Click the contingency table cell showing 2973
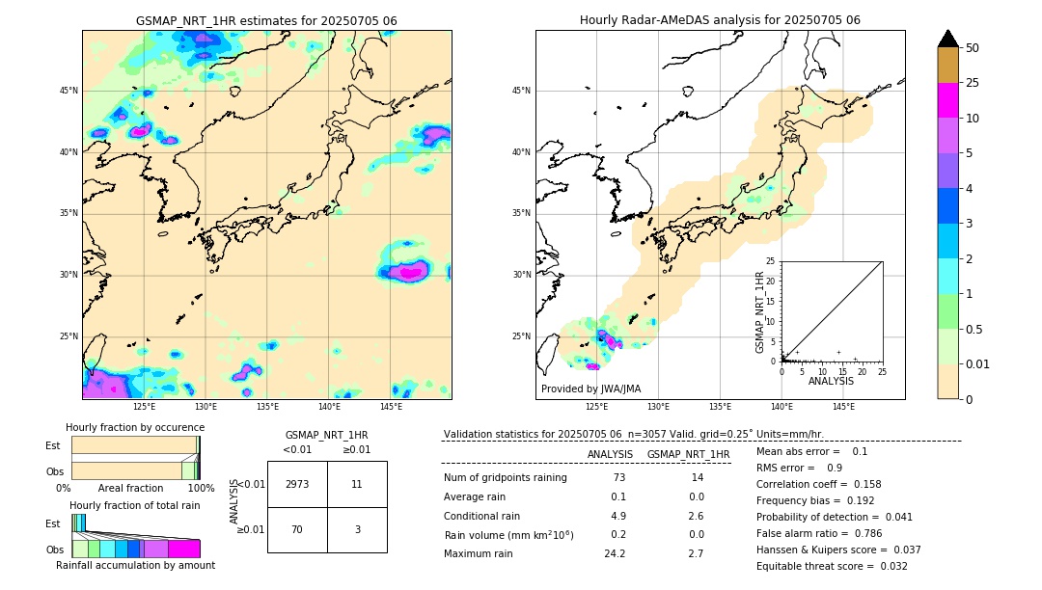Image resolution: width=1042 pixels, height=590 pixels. (297, 484)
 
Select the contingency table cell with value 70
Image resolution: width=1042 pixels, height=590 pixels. (297, 529)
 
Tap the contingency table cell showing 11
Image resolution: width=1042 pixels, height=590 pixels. (357, 484)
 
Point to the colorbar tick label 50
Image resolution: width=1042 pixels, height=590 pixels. (973, 48)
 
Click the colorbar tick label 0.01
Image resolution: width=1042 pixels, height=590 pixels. (978, 363)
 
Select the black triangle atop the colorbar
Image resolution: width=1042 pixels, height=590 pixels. (948, 39)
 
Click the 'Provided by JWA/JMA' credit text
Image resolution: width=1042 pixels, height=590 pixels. (590, 389)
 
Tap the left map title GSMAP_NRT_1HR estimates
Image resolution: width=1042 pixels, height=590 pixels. (266, 20)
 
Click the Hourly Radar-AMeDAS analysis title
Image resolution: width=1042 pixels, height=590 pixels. (720, 20)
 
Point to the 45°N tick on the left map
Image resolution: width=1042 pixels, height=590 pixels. (69, 91)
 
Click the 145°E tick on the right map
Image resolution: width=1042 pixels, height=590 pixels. (843, 407)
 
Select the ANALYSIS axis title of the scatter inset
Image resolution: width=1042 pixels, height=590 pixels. (831, 381)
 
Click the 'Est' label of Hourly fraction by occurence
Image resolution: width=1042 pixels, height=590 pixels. (53, 445)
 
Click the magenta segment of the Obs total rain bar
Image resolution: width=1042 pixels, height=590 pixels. (184, 549)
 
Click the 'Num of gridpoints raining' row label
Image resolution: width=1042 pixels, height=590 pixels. (506, 477)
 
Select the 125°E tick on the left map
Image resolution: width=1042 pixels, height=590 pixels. (144, 407)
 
